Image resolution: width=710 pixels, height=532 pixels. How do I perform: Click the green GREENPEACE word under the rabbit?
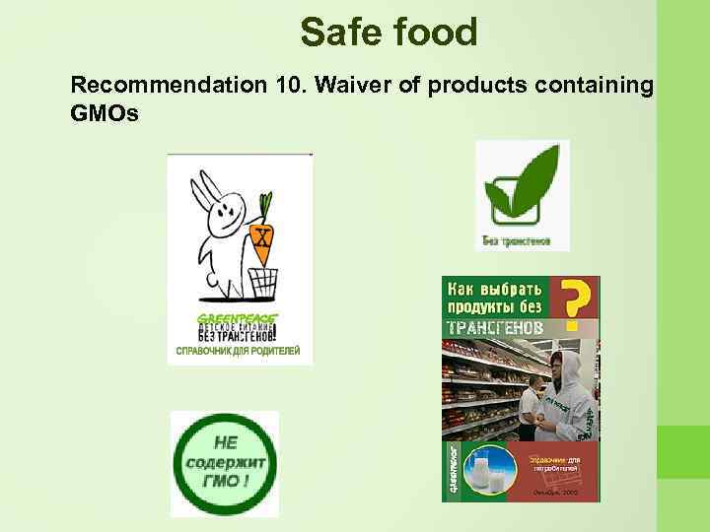click(x=238, y=317)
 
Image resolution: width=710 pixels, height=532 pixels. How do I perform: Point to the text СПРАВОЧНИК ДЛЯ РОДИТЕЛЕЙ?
click(x=238, y=350)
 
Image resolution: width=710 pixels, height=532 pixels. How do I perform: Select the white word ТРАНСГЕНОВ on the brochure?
click(x=496, y=325)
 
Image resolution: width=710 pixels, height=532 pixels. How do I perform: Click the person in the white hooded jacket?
click(x=567, y=404)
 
